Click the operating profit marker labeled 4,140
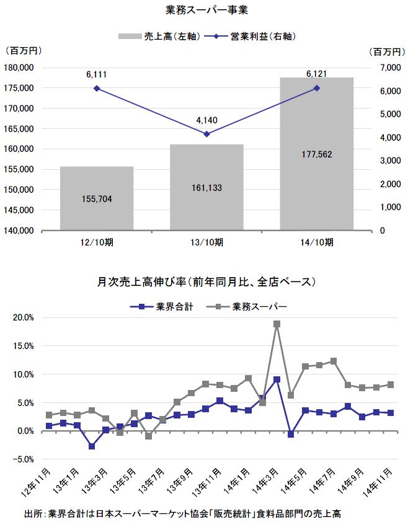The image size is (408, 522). point(206,134)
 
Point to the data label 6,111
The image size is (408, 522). point(96,74)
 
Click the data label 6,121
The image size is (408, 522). point(316,74)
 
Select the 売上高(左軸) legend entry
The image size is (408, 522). point(159,37)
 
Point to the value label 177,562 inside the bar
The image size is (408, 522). point(316,154)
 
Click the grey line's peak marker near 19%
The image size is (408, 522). point(277,324)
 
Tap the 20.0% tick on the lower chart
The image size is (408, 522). point(22,317)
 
